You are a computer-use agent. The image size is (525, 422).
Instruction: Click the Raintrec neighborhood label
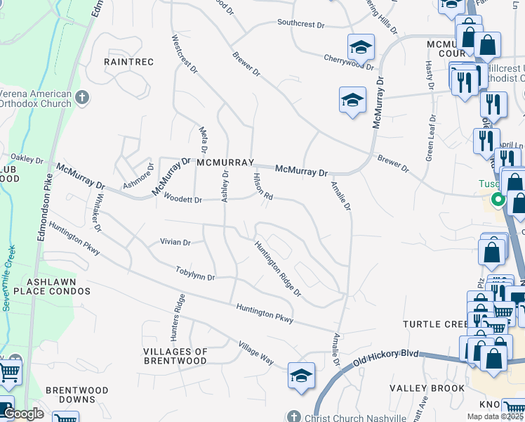click(128, 62)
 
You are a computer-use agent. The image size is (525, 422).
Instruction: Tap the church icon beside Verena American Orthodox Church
click(82, 97)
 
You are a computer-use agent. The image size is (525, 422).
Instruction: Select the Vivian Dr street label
click(175, 243)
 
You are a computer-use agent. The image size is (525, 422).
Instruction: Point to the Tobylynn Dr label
click(195, 274)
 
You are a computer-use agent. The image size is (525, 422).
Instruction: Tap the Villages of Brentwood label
click(175, 356)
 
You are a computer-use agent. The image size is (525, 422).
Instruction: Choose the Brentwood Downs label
click(77, 395)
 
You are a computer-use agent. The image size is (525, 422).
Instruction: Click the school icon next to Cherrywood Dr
click(361, 47)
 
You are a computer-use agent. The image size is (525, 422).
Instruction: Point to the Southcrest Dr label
click(300, 24)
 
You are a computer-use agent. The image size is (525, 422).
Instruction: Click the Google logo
click(23, 414)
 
